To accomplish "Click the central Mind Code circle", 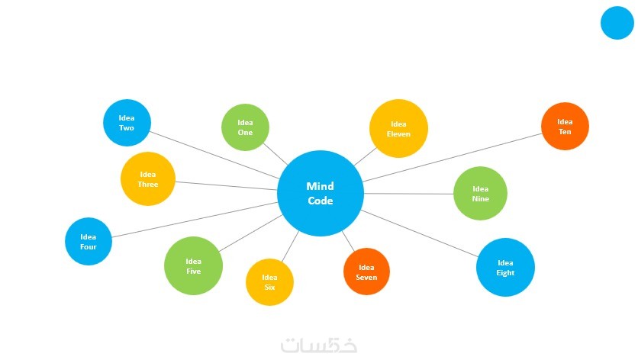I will (320, 194).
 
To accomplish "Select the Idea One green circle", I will (245, 127).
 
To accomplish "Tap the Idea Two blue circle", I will (127, 123).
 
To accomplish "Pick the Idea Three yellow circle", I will (148, 179).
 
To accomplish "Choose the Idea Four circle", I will (89, 241).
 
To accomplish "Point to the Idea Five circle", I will (193, 265).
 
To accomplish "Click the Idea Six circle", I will (269, 282).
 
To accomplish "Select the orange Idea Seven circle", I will (366, 272).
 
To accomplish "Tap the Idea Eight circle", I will (505, 267).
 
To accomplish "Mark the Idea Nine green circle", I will (480, 194).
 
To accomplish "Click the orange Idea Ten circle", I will (565, 127).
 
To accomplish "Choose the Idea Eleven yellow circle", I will (398, 128).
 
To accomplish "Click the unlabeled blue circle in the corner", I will (617, 23).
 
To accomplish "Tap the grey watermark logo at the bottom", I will (319, 345).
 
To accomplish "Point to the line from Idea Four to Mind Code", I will (195, 220).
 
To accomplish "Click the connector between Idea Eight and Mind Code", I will (420, 231).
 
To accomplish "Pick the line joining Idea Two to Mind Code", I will (214, 156).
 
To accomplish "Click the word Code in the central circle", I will (320, 201).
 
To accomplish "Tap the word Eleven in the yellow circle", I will (398, 134).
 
